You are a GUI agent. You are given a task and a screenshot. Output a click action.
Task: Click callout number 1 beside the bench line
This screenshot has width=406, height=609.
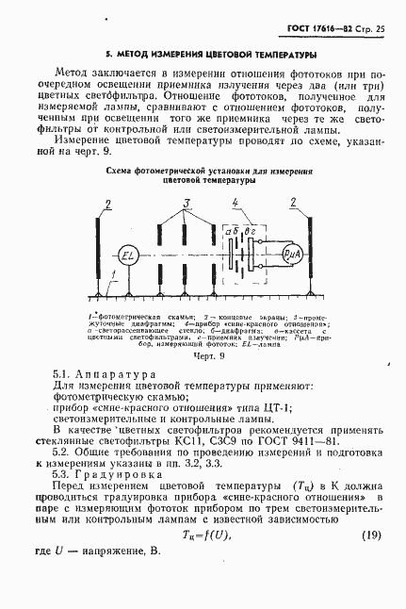(x=112, y=275)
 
